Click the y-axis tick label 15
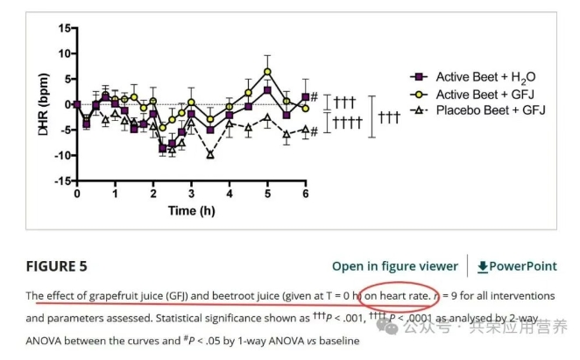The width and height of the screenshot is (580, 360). [62, 28]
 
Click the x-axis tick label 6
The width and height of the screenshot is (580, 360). [305, 194]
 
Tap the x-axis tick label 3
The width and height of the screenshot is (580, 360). [191, 194]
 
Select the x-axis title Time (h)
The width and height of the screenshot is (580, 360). [193, 211]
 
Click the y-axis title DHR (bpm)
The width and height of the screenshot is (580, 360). [43, 104]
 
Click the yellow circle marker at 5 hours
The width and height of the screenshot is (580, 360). [267, 72]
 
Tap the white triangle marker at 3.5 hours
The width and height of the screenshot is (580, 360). [210, 155]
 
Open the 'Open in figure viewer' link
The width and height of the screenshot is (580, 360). [394, 266]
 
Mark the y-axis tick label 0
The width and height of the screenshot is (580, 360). [66, 104]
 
